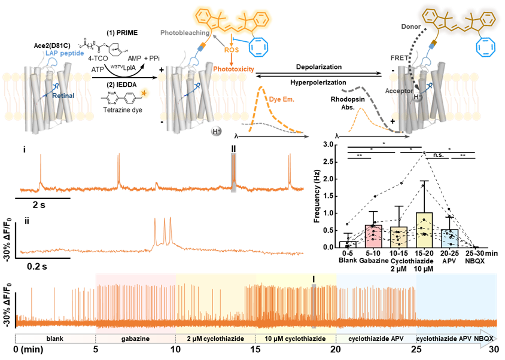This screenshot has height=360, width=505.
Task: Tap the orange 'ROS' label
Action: (x=232, y=51)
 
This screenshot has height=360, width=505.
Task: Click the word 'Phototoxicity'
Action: (x=234, y=69)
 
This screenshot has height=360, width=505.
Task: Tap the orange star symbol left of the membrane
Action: (x=144, y=93)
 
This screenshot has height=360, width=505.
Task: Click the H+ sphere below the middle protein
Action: (x=215, y=132)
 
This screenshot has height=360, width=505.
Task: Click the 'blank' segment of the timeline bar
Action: (x=55, y=338)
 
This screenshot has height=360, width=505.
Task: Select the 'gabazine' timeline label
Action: (x=135, y=338)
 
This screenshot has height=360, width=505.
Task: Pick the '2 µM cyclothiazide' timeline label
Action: (x=216, y=338)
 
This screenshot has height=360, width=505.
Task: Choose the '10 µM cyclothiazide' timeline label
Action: (x=296, y=338)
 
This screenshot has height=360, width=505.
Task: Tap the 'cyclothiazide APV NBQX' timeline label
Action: (x=456, y=338)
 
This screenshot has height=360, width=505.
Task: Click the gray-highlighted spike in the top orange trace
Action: (x=234, y=173)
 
